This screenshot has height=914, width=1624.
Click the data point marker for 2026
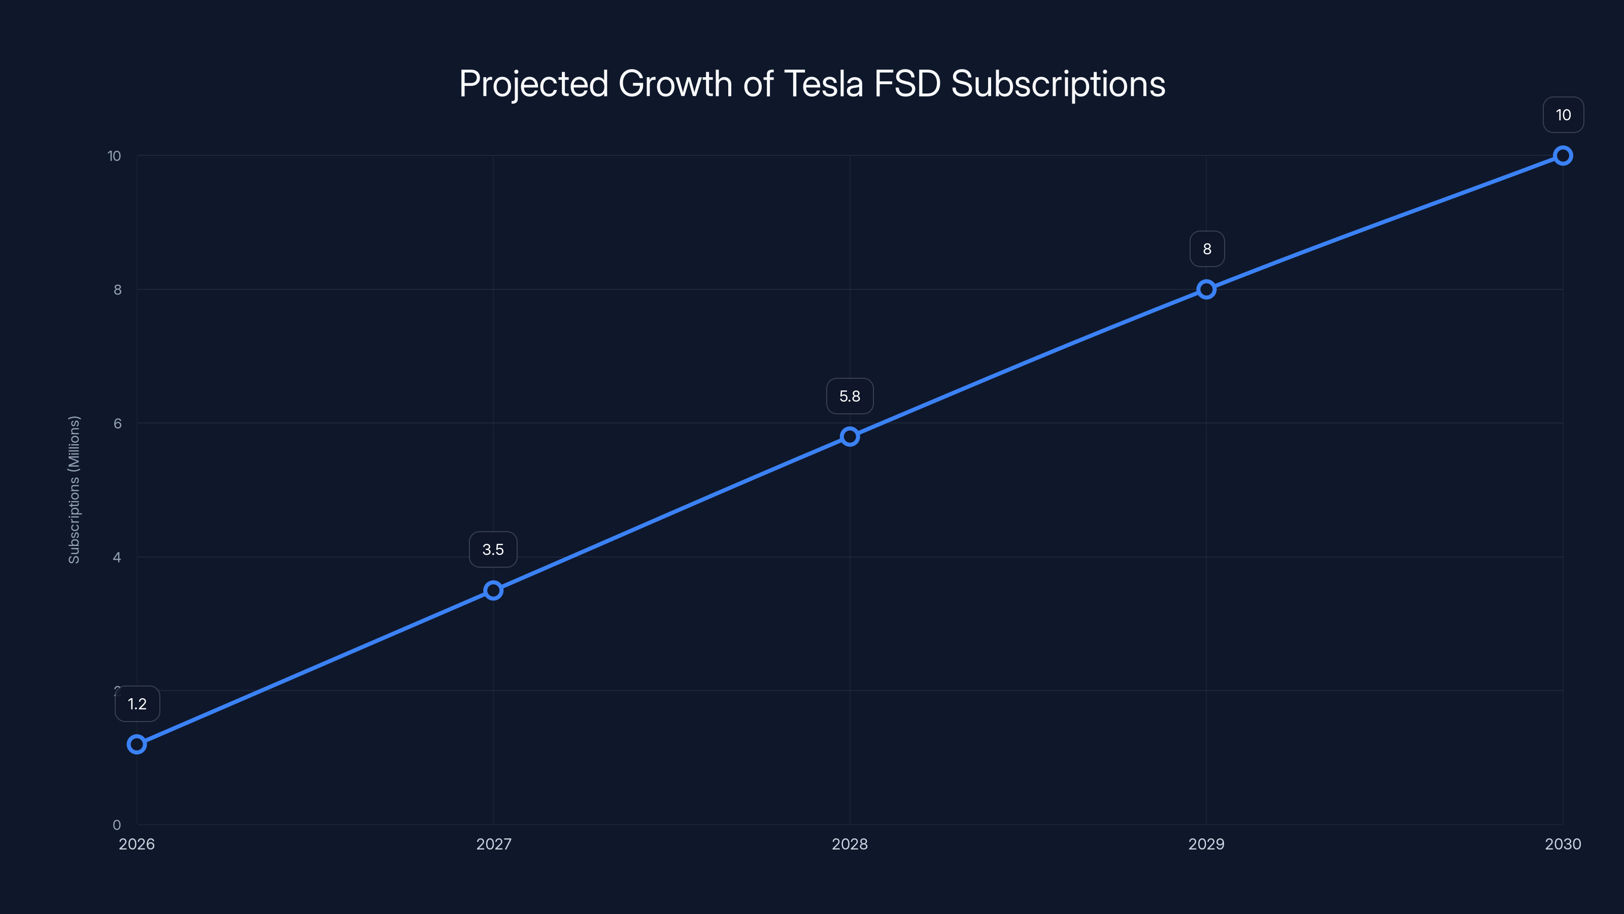pyautogui.click(x=137, y=744)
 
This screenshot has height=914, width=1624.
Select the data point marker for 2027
pyautogui.click(x=493, y=591)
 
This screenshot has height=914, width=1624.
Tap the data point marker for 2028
pyautogui.click(x=850, y=437)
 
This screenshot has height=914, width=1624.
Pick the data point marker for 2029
pyautogui.click(x=1206, y=289)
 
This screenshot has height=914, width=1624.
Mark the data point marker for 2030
pyautogui.click(x=1563, y=156)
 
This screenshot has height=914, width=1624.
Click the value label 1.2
pyautogui.click(x=138, y=704)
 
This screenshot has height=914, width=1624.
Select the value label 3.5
pyautogui.click(x=493, y=549)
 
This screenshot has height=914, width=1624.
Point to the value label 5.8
pyautogui.click(x=850, y=396)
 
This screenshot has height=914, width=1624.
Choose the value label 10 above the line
pyautogui.click(x=1563, y=115)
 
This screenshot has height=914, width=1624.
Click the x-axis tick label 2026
pyautogui.click(x=137, y=844)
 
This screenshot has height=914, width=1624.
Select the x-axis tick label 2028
pyautogui.click(x=850, y=844)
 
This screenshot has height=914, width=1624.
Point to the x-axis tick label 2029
pyautogui.click(x=1206, y=844)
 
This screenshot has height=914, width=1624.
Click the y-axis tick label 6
pyautogui.click(x=117, y=423)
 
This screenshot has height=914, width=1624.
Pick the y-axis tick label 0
pyautogui.click(x=117, y=825)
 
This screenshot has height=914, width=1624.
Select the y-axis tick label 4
pyautogui.click(x=117, y=558)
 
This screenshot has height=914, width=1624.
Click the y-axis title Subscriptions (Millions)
pyautogui.click(x=75, y=489)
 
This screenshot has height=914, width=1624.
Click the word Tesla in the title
pyautogui.click(x=823, y=84)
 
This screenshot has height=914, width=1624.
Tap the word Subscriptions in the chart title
pyautogui.click(x=1058, y=84)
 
